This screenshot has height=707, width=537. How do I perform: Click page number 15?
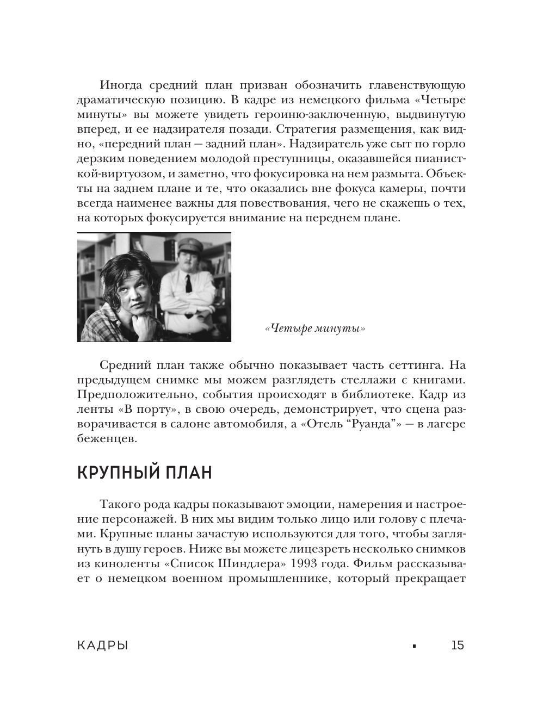click(x=458, y=646)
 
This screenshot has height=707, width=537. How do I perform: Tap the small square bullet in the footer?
click(x=414, y=646)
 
